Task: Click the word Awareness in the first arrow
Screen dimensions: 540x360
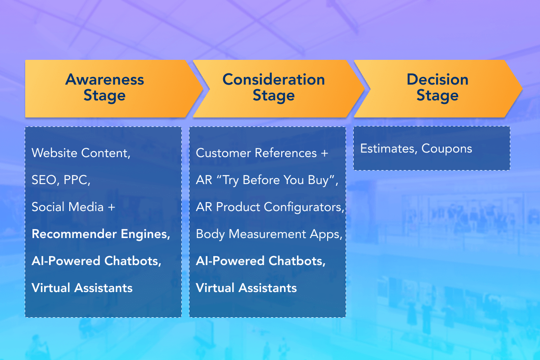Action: pos(104,79)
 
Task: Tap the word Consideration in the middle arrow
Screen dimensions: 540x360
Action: pos(274,79)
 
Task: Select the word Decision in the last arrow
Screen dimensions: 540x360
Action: pos(437,79)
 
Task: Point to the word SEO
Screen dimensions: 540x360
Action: pos(44,180)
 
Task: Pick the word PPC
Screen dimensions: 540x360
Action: pos(76,180)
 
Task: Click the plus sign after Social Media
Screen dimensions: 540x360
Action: pos(112,207)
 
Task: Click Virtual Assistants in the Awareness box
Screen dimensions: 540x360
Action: pos(82,288)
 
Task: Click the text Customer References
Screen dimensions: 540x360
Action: pos(256,153)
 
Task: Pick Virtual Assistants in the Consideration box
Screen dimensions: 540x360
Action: pos(247,288)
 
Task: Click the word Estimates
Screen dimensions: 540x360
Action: pos(387,148)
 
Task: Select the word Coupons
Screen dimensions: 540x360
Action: pos(447,149)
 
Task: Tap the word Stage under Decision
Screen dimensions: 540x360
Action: pos(437,96)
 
